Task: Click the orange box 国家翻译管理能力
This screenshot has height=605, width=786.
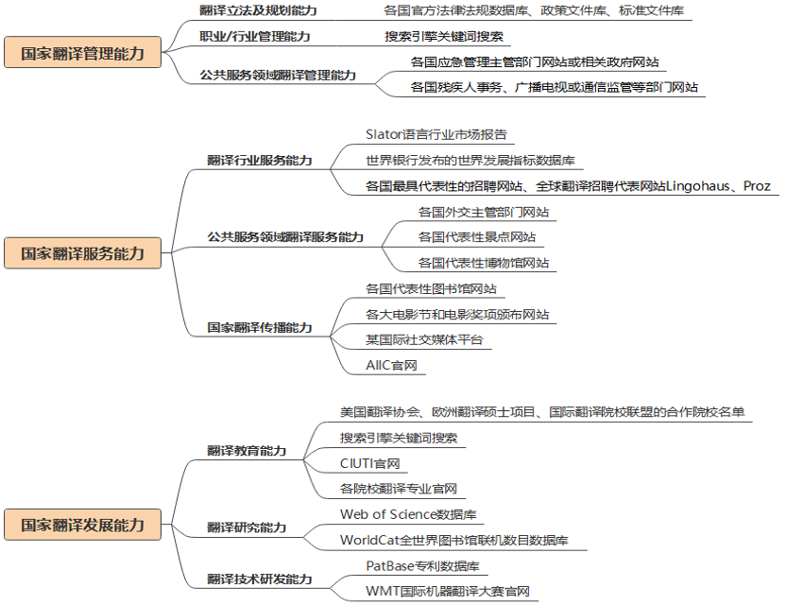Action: point(82,53)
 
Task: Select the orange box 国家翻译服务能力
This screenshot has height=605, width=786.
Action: point(82,252)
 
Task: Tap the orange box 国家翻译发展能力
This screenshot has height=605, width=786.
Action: point(82,524)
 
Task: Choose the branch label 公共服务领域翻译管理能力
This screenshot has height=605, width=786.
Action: point(278,75)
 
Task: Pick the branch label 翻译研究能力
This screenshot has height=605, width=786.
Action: point(247,527)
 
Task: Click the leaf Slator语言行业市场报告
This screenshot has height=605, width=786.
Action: point(429,135)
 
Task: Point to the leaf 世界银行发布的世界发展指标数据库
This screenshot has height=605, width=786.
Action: point(470,160)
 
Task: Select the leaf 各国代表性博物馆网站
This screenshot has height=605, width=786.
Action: point(483,263)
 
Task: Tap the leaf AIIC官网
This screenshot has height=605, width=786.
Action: point(391,364)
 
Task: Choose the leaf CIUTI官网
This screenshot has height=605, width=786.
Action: point(369,463)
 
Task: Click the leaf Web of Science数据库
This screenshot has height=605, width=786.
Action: point(408,514)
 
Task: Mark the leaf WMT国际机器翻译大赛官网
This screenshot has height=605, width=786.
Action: point(447,592)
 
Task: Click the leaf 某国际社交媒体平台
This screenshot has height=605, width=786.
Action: point(423,339)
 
